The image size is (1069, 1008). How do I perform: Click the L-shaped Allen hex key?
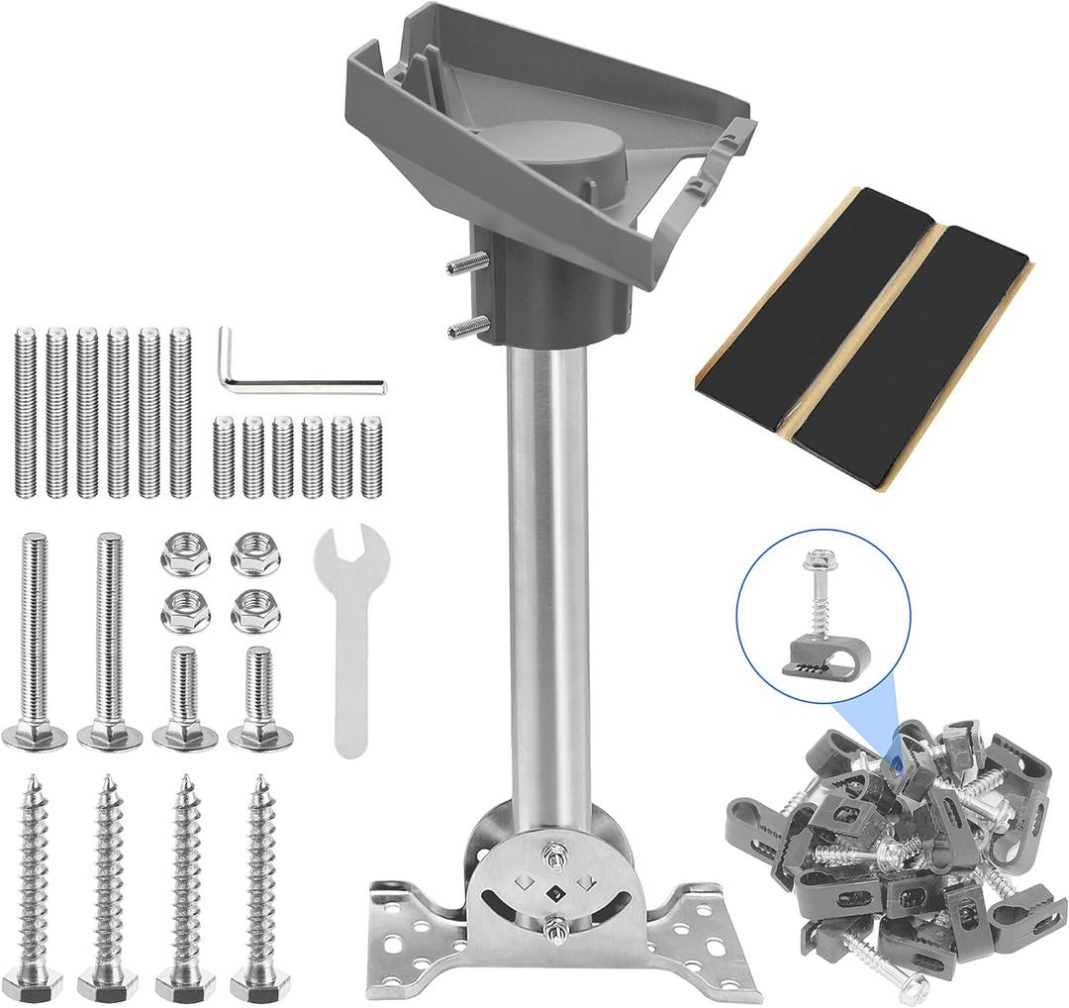pos(297,382)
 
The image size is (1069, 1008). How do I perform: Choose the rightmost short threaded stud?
pos(371,457)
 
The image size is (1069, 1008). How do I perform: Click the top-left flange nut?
pos(185,554)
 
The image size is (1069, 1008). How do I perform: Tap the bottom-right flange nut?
pos(255,612)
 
